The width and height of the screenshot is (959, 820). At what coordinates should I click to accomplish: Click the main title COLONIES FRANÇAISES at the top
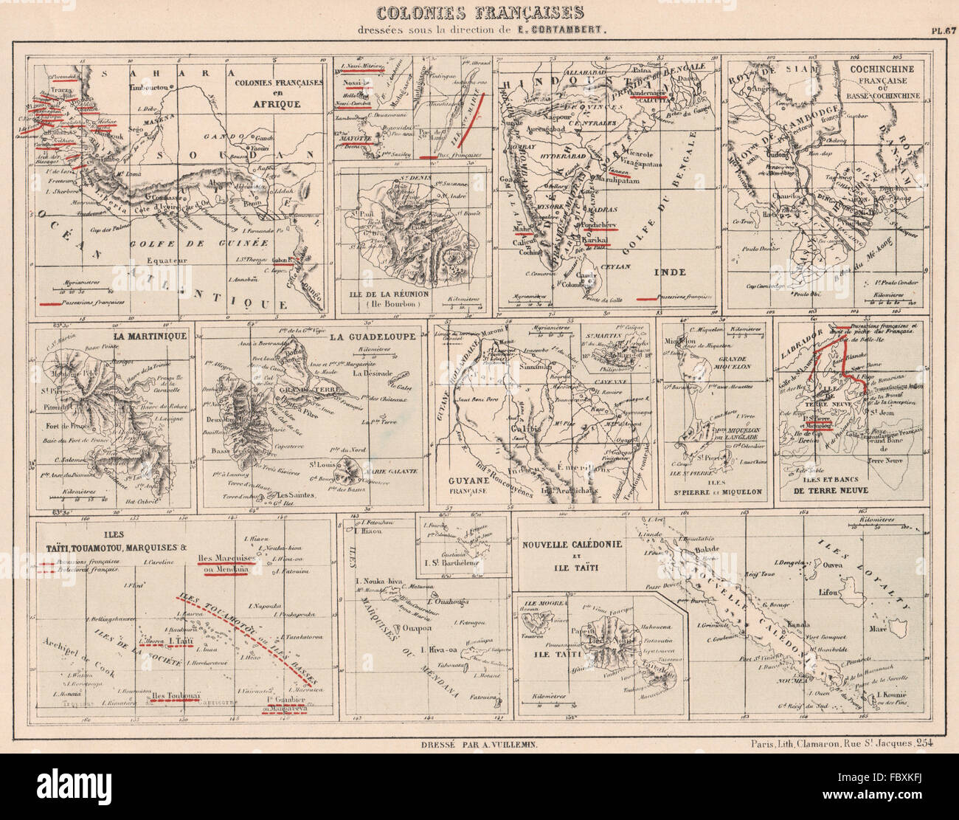(479, 13)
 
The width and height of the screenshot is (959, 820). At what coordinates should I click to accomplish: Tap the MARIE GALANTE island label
(383, 471)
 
